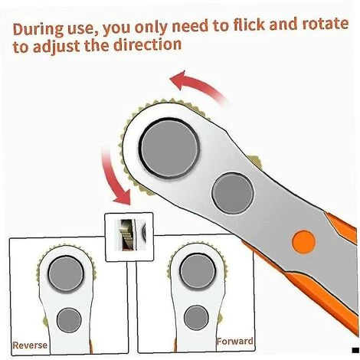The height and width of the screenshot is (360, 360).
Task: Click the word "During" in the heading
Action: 38,30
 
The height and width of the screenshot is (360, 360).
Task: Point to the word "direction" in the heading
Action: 147,44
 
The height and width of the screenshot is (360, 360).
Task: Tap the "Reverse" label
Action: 30,345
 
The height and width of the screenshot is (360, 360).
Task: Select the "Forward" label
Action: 235,342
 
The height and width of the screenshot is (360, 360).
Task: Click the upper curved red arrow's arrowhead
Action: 178,80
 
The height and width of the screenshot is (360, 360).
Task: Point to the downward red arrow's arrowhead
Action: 123,198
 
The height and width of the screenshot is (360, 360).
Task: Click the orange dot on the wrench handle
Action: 303,242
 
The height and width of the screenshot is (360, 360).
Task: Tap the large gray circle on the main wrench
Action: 170,148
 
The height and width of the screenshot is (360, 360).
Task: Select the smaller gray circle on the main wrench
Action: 233,193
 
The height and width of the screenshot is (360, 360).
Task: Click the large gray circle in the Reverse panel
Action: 66,273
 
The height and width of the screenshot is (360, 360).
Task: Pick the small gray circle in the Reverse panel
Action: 69,320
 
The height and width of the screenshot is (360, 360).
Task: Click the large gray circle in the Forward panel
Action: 198,271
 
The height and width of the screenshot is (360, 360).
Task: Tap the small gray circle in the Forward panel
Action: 196,318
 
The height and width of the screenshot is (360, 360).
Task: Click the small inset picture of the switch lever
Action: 129,237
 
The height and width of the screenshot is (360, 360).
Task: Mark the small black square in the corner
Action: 355,350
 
